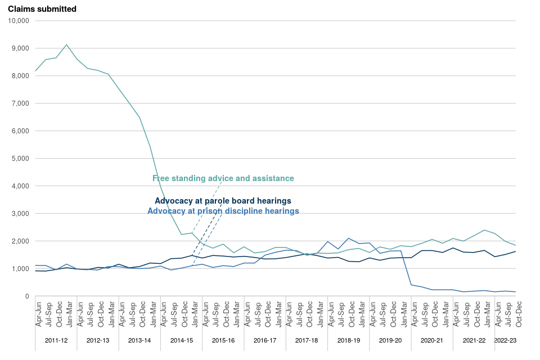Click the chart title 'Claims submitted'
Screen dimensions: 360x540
[42, 9]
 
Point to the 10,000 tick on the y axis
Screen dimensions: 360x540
[19, 21]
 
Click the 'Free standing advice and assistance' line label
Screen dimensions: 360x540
[223, 178]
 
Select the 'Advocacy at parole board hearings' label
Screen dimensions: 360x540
[223, 201]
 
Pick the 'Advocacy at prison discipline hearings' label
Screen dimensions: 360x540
[223, 211]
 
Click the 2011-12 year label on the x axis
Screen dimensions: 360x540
[56, 341]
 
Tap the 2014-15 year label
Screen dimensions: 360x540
[182, 341]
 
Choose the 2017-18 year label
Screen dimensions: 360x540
[307, 341]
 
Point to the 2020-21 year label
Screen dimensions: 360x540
[432, 341]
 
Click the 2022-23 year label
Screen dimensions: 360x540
[505, 341]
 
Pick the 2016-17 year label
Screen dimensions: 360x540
[265, 341]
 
